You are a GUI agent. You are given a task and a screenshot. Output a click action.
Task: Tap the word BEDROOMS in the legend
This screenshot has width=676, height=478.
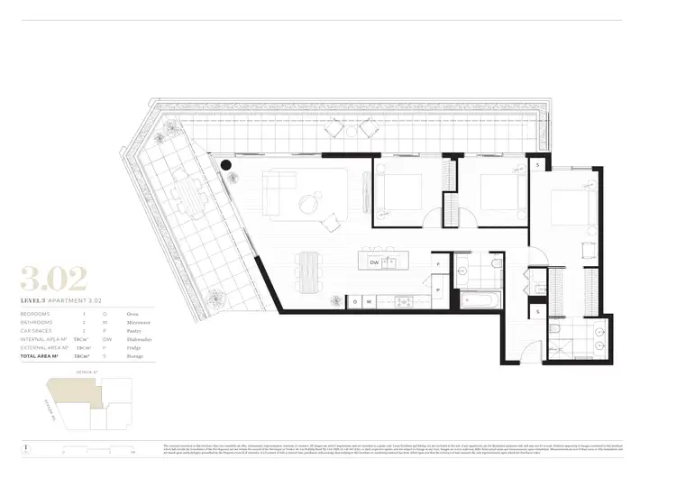(37, 313)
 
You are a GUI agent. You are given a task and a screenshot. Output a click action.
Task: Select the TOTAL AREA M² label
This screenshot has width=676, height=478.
(41, 356)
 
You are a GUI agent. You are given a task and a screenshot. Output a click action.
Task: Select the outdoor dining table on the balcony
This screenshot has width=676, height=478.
(188, 196)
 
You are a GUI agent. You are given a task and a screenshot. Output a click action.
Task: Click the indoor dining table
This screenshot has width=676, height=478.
(308, 267)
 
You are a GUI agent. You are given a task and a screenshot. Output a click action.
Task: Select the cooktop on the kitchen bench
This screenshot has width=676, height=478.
(403, 301)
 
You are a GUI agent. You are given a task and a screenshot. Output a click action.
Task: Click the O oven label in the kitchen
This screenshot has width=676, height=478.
(355, 301)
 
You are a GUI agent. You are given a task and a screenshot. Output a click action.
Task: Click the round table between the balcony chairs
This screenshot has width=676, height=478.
(352, 129)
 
